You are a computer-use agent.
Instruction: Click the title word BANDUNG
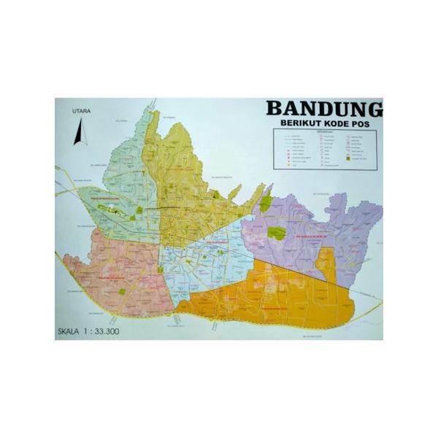point(323,108)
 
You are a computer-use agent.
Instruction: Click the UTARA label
point(81,111)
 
